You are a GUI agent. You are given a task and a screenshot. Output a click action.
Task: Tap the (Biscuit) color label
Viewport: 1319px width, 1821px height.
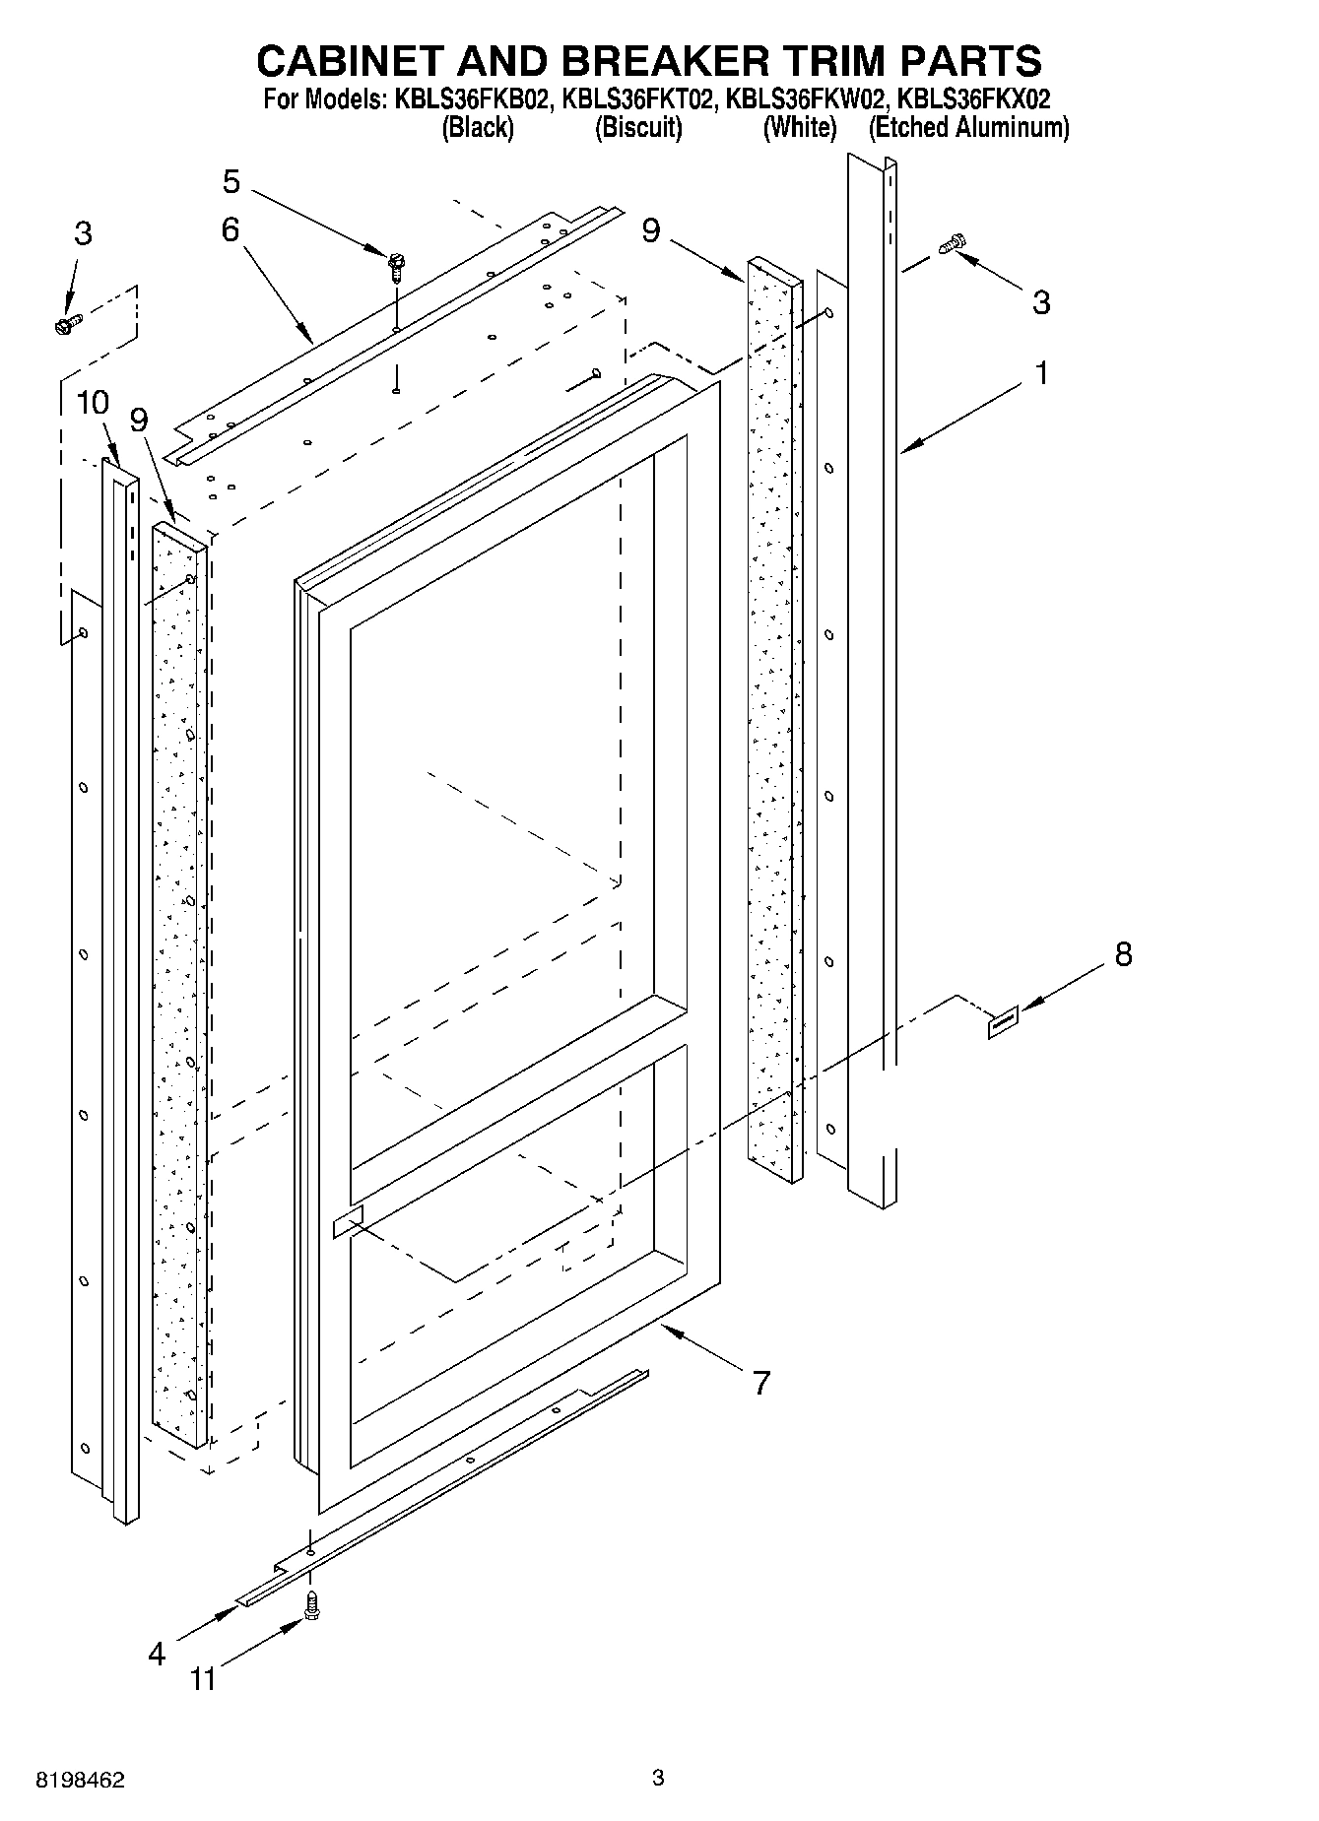pos(638,128)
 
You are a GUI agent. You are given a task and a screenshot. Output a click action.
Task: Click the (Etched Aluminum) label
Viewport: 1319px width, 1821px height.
pos(968,128)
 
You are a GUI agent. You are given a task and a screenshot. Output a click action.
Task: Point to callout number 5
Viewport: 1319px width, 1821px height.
pos(231,181)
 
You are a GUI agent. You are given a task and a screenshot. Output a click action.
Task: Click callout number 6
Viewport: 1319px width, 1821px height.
pos(231,230)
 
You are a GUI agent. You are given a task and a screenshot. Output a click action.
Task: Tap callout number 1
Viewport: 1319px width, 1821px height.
pos(1039,373)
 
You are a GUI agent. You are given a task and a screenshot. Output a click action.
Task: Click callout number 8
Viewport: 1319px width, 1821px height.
pos(1123,953)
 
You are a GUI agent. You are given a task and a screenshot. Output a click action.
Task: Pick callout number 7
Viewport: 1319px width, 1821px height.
pos(759,1383)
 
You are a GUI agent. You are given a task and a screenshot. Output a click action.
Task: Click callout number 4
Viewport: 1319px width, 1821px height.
pos(157,1655)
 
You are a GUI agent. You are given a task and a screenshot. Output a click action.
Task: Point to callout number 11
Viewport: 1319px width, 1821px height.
pos(203,1678)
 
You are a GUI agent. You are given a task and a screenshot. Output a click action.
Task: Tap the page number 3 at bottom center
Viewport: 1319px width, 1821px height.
pos(658,1778)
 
